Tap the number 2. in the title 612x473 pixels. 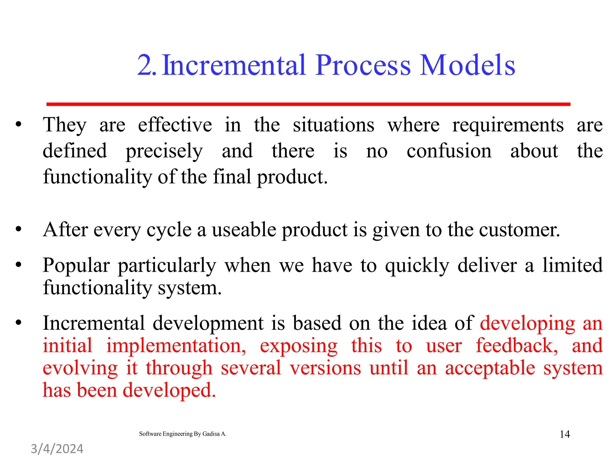pyautogui.click(x=146, y=65)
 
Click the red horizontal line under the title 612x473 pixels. pyautogui.click(x=308, y=104)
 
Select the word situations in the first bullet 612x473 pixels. pyautogui.click(x=333, y=125)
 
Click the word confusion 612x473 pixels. pyautogui.click(x=449, y=151)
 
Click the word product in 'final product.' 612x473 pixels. pyautogui.click(x=292, y=177)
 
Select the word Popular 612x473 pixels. pyautogui.click(x=76, y=266)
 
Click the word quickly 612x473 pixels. pyautogui.click(x=417, y=266)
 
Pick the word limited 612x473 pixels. pyautogui.click(x=572, y=265)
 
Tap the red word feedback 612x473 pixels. pyautogui.click(x=516, y=345)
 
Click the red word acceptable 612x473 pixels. pyautogui.click(x=490, y=368)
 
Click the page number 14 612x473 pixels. pyautogui.click(x=564, y=434)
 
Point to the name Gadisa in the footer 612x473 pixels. pyautogui.click(x=211, y=434)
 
